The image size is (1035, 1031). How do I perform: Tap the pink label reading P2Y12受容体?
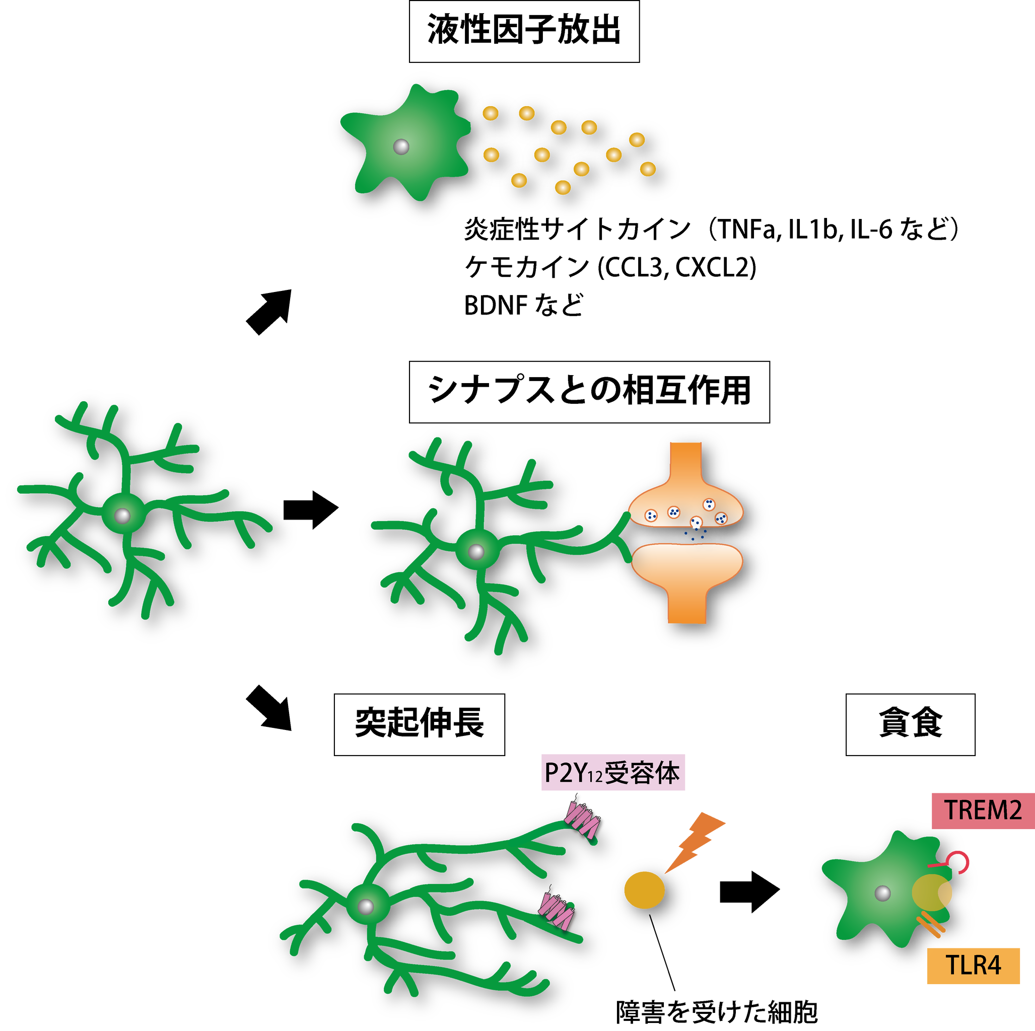pos(612,773)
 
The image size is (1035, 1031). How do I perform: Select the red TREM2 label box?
pos(983,811)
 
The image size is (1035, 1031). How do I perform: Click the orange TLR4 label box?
pos(974,966)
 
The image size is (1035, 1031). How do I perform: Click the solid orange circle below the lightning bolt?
pos(644,890)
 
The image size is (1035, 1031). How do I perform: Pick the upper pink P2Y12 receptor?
pos(583,819)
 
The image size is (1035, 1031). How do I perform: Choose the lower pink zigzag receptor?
pos(557,911)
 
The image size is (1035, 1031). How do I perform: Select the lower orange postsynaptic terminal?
pos(687,573)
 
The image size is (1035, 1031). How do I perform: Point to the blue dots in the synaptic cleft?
pos(695,535)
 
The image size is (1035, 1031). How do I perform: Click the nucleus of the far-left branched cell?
pos(122,516)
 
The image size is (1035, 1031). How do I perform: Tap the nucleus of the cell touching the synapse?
pos(476,551)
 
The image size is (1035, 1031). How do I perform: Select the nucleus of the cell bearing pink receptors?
pos(365,906)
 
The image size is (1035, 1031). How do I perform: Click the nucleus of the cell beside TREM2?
pos(882,893)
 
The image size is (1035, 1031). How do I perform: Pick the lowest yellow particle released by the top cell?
pos(563,187)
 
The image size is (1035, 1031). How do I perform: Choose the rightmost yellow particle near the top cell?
pos(647,169)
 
